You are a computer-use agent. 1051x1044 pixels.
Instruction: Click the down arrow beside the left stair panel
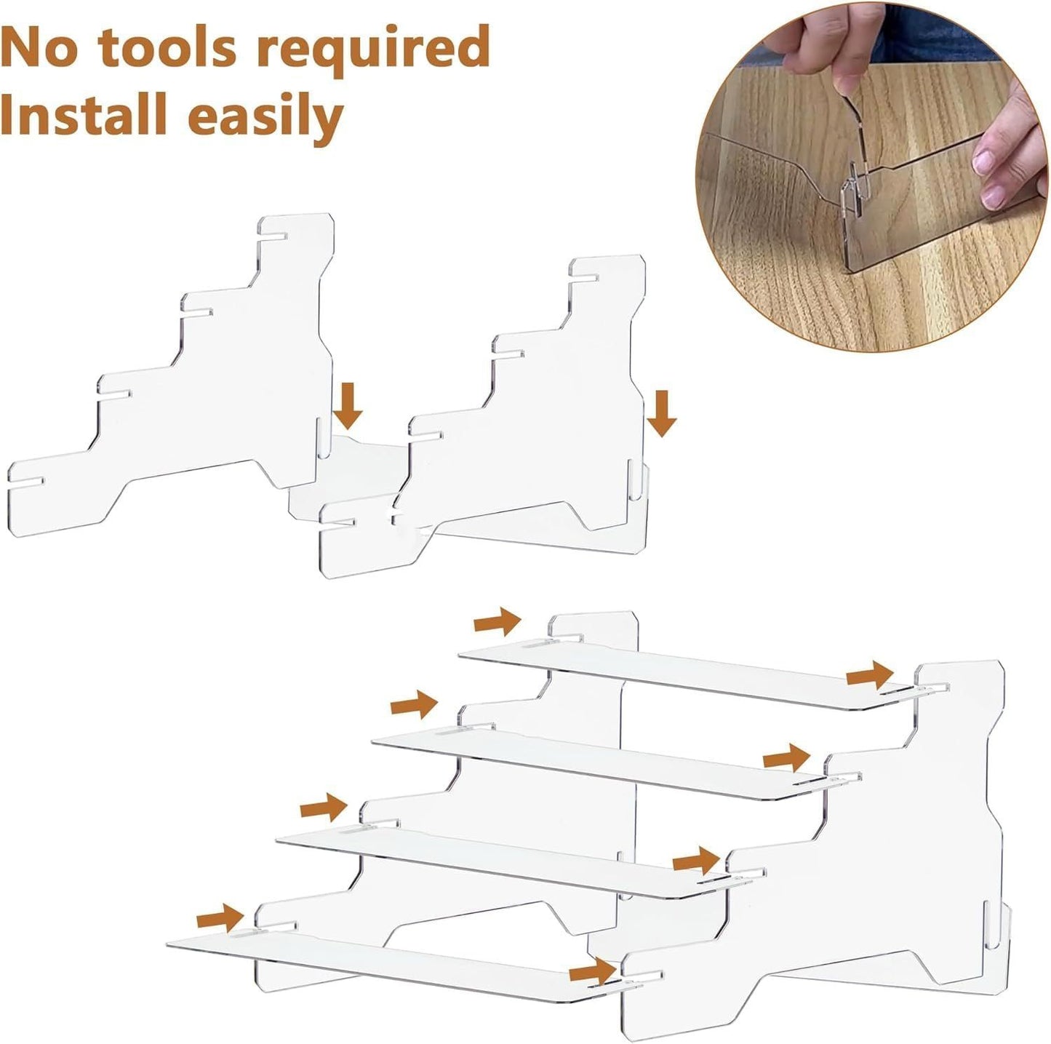348,406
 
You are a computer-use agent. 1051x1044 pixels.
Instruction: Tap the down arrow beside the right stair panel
662,414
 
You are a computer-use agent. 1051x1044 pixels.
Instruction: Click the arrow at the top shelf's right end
870,676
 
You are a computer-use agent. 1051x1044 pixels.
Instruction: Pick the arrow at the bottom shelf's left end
220,918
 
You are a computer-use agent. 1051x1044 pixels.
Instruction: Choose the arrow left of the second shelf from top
414,705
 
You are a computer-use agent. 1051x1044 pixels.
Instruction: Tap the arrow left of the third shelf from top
324,808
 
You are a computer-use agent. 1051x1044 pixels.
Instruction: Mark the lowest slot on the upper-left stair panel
25,482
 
